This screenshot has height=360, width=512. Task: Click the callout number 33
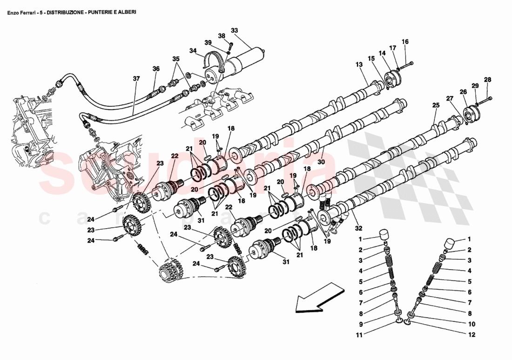[x=234, y=31]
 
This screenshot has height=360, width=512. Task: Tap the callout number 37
[x=136, y=79]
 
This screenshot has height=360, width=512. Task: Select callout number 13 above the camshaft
[x=359, y=64]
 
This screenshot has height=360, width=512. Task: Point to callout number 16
[x=405, y=41]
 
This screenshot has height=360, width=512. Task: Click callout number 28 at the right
[x=487, y=79]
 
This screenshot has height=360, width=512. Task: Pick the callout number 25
[x=436, y=106]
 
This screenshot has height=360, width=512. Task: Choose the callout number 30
[x=321, y=163]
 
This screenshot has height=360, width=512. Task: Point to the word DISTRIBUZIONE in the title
[x=62, y=13]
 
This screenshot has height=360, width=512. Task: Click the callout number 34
[x=193, y=50]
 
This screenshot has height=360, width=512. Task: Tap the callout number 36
[x=156, y=69]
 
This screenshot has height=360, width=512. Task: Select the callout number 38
[x=222, y=36]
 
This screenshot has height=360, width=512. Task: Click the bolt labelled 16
[x=408, y=64]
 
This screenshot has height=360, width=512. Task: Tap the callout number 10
[x=471, y=324]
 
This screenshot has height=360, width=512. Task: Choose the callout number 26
[x=463, y=92]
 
